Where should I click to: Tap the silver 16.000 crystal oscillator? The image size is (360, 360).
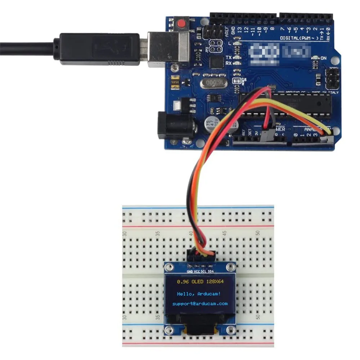(x=214, y=84)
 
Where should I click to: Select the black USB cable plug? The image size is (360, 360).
(x=97, y=49)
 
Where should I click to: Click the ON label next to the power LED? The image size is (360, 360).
(x=323, y=58)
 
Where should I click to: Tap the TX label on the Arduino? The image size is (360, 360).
(x=229, y=58)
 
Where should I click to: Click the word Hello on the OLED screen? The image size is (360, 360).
(x=185, y=294)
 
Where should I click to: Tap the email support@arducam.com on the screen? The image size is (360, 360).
(x=200, y=303)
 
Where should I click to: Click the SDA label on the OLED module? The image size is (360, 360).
(x=211, y=271)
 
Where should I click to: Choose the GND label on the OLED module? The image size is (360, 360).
(x=190, y=271)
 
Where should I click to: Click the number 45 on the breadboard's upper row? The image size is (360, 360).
(x=224, y=233)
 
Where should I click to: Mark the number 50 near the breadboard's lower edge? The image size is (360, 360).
(x=258, y=317)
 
